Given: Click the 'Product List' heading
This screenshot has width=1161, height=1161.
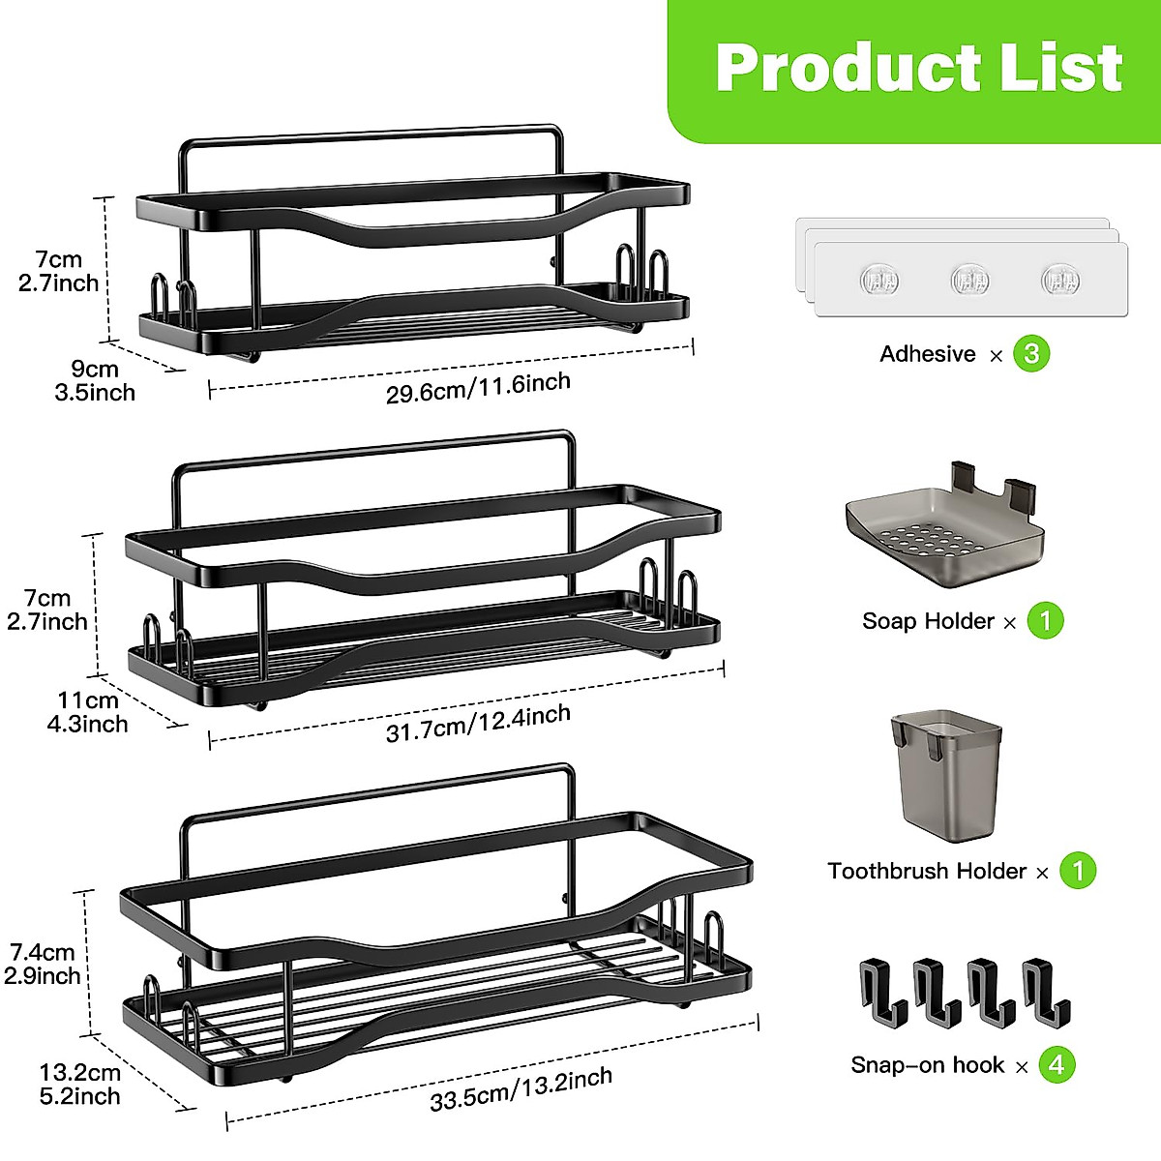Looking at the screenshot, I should point(918,68).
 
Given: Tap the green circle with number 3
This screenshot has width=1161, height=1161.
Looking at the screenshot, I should point(1031,354).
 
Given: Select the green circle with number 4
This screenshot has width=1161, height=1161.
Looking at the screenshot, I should point(1057,1065).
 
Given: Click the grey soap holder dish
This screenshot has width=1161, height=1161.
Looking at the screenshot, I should point(944,538).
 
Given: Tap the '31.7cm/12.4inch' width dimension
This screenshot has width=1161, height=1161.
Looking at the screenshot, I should point(479,723).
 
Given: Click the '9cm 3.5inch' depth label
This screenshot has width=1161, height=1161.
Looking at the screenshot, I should point(95,380).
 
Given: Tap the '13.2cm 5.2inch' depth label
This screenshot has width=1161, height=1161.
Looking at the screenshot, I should point(80,1085).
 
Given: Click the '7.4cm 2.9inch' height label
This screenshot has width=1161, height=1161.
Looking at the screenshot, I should point(43,964).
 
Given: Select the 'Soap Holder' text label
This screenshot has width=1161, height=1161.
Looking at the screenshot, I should point(928,621).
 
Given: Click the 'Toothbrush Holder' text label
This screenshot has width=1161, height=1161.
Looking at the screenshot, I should point(927,871).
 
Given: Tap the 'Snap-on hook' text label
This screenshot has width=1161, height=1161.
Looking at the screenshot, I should point(928,1065).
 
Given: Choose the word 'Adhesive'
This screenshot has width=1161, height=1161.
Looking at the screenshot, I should point(928,354).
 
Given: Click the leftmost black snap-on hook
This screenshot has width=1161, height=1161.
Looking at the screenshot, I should point(882,993).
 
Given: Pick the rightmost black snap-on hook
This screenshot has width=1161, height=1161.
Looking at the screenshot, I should point(1046,993).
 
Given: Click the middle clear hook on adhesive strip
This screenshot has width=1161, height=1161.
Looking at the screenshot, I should point(969,281).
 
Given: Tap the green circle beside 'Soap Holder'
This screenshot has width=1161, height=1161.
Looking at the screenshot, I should point(1046,620).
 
